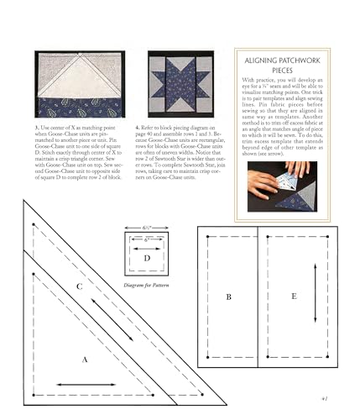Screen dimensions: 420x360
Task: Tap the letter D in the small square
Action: pyautogui.click(x=148, y=257)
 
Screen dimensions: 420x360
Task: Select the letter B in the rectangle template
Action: pyautogui.click(x=228, y=297)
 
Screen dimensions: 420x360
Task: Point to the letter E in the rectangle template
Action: pyautogui.click(x=292, y=297)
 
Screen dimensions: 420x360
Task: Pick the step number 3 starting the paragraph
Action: pyautogui.click(x=38, y=127)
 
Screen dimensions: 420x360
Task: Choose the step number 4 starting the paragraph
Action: pyautogui.click(x=137, y=127)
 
